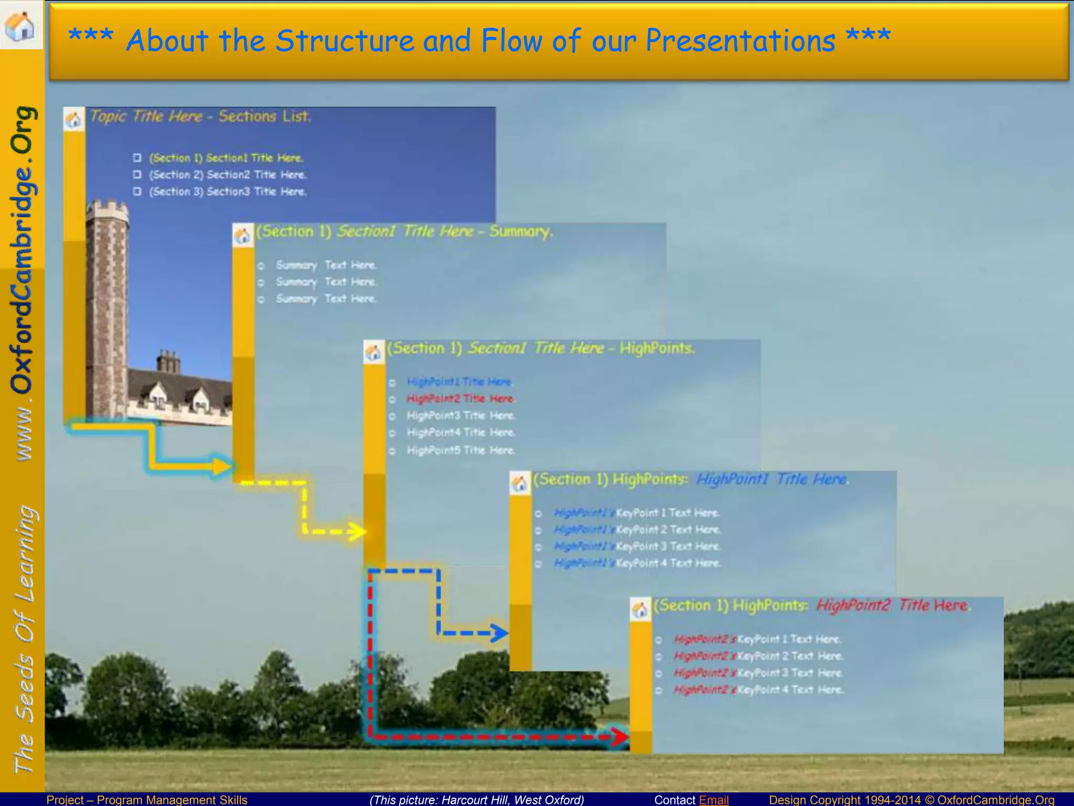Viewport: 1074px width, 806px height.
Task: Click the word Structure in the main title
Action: (x=345, y=40)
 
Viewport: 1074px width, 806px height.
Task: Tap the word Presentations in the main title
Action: (x=740, y=40)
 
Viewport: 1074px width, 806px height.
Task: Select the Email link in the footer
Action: (x=713, y=799)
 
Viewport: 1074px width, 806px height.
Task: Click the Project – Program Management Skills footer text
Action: (x=147, y=799)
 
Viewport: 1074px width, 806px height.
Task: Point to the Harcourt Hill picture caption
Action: (x=476, y=799)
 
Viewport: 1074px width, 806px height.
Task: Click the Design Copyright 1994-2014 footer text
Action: (x=844, y=799)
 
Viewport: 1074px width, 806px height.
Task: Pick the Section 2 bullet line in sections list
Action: (x=227, y=175)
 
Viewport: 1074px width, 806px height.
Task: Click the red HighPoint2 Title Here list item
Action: (x=460, y=399)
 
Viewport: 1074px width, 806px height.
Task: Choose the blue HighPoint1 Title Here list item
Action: (x=458, y=381)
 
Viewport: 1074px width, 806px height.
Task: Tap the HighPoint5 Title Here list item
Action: (x=460, y=450)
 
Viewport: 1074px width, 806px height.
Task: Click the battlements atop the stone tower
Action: (x=107, y=210)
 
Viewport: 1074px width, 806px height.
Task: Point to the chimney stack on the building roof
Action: (x=168, y=362)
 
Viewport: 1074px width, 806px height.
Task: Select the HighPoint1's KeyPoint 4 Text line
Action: (x=637, y=563)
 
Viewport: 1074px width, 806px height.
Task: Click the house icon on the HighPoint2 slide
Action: (x=640, y=610)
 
